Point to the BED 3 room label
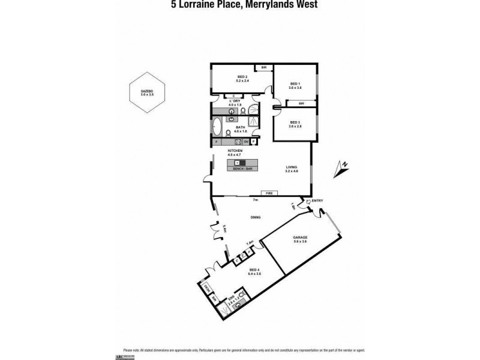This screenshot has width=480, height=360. click(295, 124)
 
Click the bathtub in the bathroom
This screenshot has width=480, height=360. click(217, 128)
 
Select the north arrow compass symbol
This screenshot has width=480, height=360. click(342, 168)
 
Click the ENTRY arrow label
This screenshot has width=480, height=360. click(316, 201)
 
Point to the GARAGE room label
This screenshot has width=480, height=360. click(300, 238)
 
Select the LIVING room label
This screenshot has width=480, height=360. click(292, 169)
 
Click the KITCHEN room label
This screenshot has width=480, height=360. click(235, 151)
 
